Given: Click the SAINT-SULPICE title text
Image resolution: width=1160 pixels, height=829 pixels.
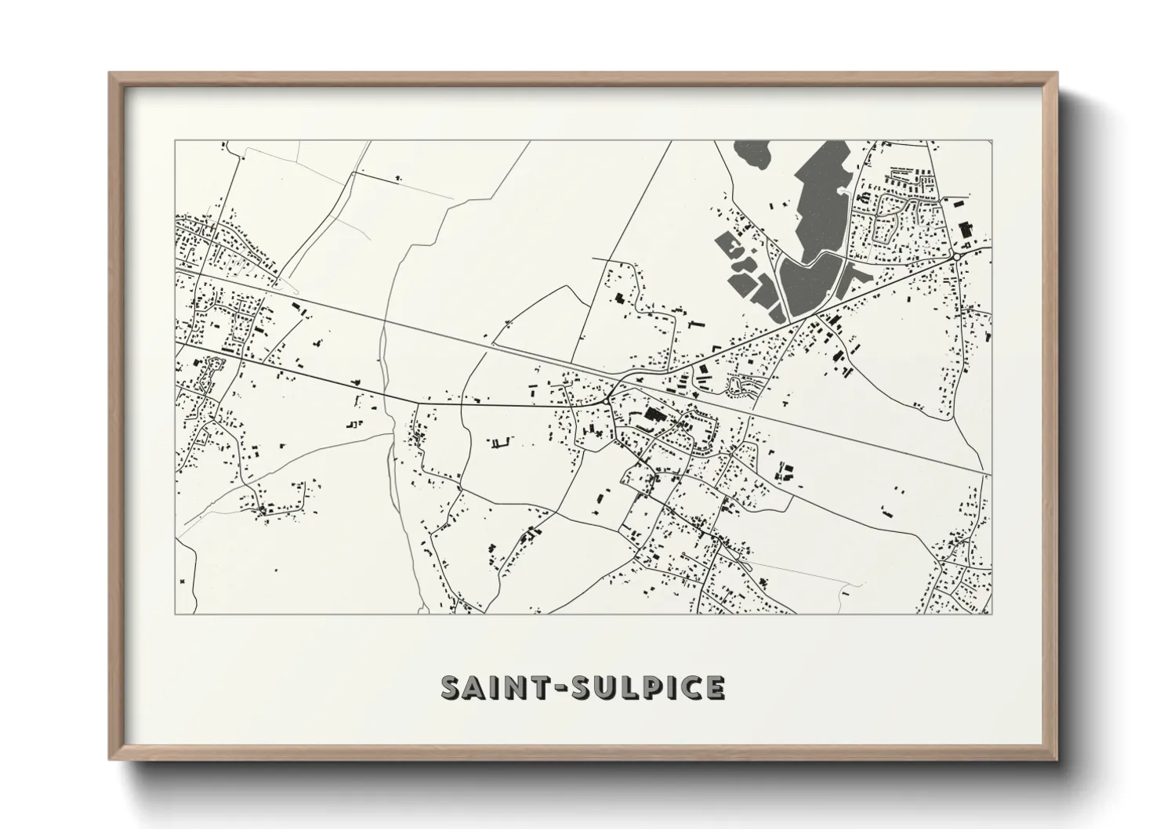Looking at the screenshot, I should [x=582, y=687].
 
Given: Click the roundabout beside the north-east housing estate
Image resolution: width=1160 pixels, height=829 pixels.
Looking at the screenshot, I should [x=957, y=256].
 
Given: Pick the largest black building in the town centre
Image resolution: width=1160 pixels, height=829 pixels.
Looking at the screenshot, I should [x=653, y=414].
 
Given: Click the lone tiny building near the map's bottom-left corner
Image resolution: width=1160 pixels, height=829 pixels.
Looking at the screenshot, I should [x=183, y=581].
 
